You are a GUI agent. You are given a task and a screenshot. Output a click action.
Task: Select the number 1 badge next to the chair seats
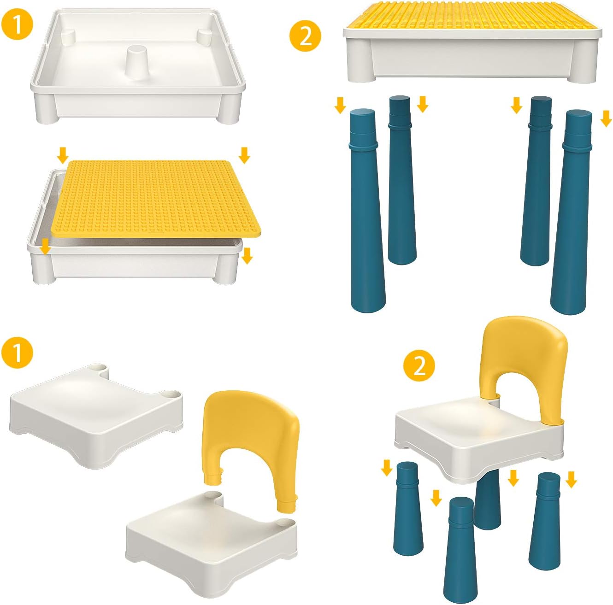pyautogui.click(x=17, y=353)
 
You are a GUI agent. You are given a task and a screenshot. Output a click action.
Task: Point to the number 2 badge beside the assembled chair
pyautogui.click(x=419, y=367)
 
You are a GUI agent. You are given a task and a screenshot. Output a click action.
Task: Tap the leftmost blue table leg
pyautogui.click(x=366, y=212)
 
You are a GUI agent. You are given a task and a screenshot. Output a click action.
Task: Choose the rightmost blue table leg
pyautogui.click(x=571, y=212)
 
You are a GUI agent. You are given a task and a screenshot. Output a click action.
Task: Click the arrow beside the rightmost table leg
pyautogui.click(x=607, y=119)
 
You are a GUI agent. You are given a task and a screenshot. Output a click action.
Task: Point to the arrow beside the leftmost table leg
pyautogui.click(x=340, y=106)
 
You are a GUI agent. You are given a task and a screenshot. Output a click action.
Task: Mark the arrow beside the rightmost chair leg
pyautogui.click(x=572, y=480)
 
